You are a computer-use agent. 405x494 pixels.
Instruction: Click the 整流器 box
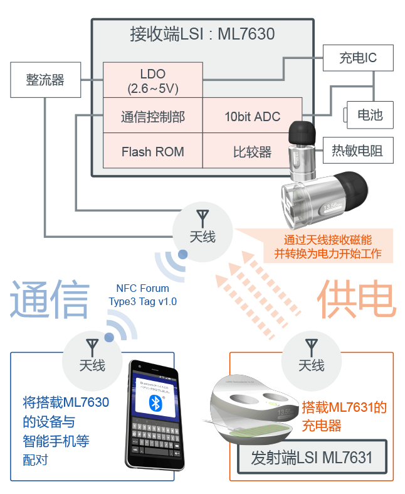click(46, 80)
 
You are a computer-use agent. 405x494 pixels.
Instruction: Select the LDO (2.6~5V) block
click(153, 80)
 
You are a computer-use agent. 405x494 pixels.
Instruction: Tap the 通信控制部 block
click(153, 116)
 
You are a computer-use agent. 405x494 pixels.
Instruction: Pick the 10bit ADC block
click(252, 116)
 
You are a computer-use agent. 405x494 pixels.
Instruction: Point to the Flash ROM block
click(153, 151)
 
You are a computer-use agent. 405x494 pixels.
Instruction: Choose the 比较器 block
click(252, 151)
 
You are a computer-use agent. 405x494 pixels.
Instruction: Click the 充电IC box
click(358, 58)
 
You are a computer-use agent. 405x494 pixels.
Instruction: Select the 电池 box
click(370, 115)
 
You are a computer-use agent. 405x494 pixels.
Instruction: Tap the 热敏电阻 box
click(357, 151)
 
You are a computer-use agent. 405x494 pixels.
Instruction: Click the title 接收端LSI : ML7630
click(202, 33)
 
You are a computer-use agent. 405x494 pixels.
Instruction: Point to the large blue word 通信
click(50, 299)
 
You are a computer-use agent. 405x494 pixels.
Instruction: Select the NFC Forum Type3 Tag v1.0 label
click(142, 295)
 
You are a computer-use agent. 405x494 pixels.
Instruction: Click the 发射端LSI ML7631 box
click(312, 457)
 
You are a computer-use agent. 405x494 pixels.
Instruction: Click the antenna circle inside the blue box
click(92, 357)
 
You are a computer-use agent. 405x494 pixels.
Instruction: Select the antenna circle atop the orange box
click(311, 357)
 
